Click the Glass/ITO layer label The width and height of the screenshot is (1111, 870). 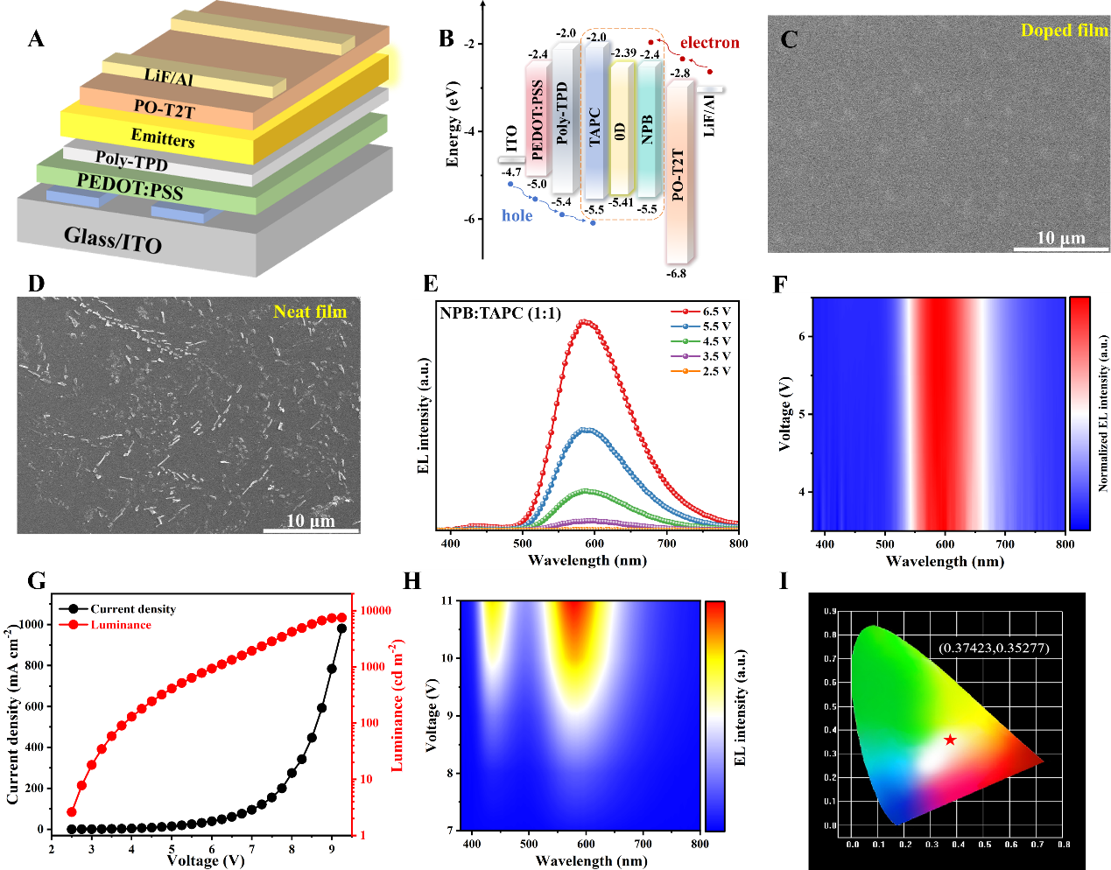point(113,238)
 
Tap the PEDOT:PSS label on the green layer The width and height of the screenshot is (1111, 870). point(130,186)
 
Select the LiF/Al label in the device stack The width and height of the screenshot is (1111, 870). point(168,78)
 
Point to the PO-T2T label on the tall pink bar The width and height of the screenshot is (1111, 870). point(678,175)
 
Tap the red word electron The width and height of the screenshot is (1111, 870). point(709,43)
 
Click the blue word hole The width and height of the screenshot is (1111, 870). point(517,215)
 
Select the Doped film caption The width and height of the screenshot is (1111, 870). point(1064,31)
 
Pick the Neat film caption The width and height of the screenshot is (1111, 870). point(310,312)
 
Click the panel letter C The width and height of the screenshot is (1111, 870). point(789,39)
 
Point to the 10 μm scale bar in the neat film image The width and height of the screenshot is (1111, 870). point(311,529)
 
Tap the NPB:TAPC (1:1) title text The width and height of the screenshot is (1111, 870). point(500,312)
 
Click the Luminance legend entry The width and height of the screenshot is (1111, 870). point(121,625)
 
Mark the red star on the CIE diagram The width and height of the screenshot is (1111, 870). point(950,740)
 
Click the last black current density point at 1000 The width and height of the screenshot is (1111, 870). point(341,628)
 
